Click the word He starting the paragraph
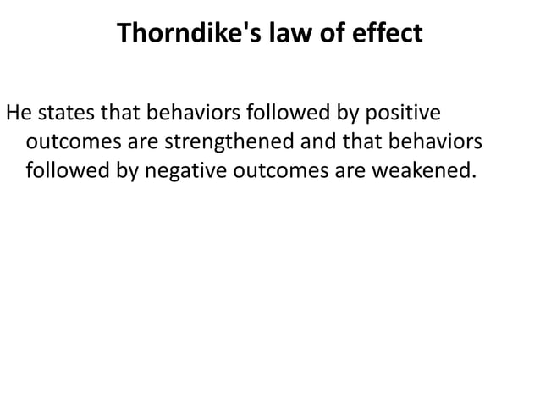pos(19,114)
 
